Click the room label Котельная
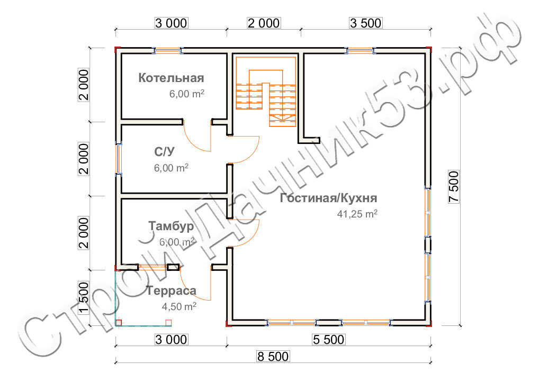[171, 78]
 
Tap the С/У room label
[164, 151]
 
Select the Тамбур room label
[171, 226]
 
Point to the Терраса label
[171, 291]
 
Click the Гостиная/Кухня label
[329, 198]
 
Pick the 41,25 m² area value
[357, 214]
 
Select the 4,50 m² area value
[179, 306]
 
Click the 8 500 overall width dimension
[273, 356]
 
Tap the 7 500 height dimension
[454, 187]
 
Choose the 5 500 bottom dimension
[329, 339]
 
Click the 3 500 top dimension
[366, 23]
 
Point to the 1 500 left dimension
[84, 298]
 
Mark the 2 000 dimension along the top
[264, 23]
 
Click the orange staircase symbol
[266, 91]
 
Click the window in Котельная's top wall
[168, 51]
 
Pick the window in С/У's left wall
[118, 158]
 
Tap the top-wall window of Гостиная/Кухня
[360, 51]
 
